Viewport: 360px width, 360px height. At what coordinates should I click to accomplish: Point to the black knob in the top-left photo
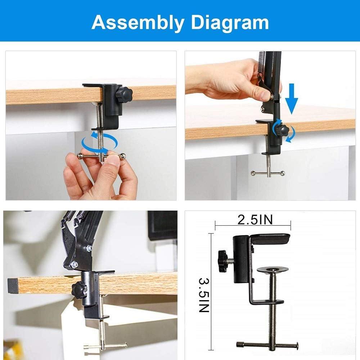tap(126, 94)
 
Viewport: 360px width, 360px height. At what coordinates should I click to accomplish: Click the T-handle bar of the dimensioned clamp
tap(267, 345)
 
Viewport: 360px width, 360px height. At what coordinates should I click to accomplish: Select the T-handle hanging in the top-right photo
tap(268, 173)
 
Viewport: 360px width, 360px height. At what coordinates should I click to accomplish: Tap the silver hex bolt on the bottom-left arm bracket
tap(75, 265)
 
